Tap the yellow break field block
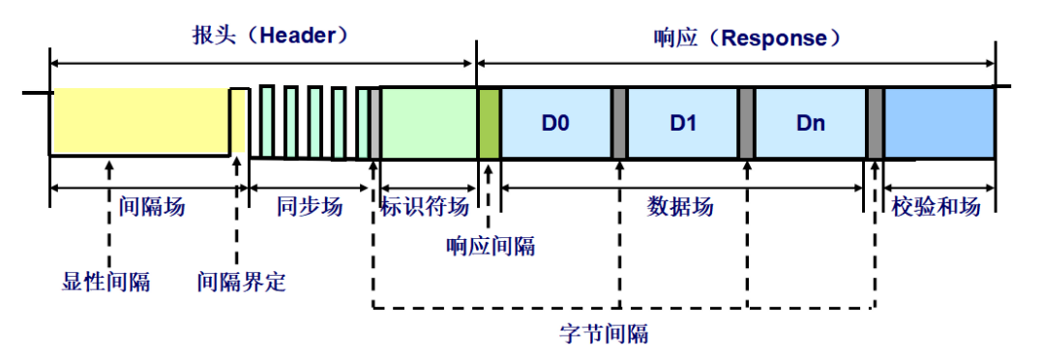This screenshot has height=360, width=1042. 139,121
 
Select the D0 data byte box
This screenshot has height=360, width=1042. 555,123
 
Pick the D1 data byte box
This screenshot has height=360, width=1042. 683,123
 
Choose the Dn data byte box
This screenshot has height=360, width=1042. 810,123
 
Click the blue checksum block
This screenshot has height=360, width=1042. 939,123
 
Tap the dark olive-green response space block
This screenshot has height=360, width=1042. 488,123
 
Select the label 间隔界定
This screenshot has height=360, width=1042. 241,283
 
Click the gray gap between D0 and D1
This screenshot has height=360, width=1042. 619,123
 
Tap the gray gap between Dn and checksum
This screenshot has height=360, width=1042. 875,123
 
